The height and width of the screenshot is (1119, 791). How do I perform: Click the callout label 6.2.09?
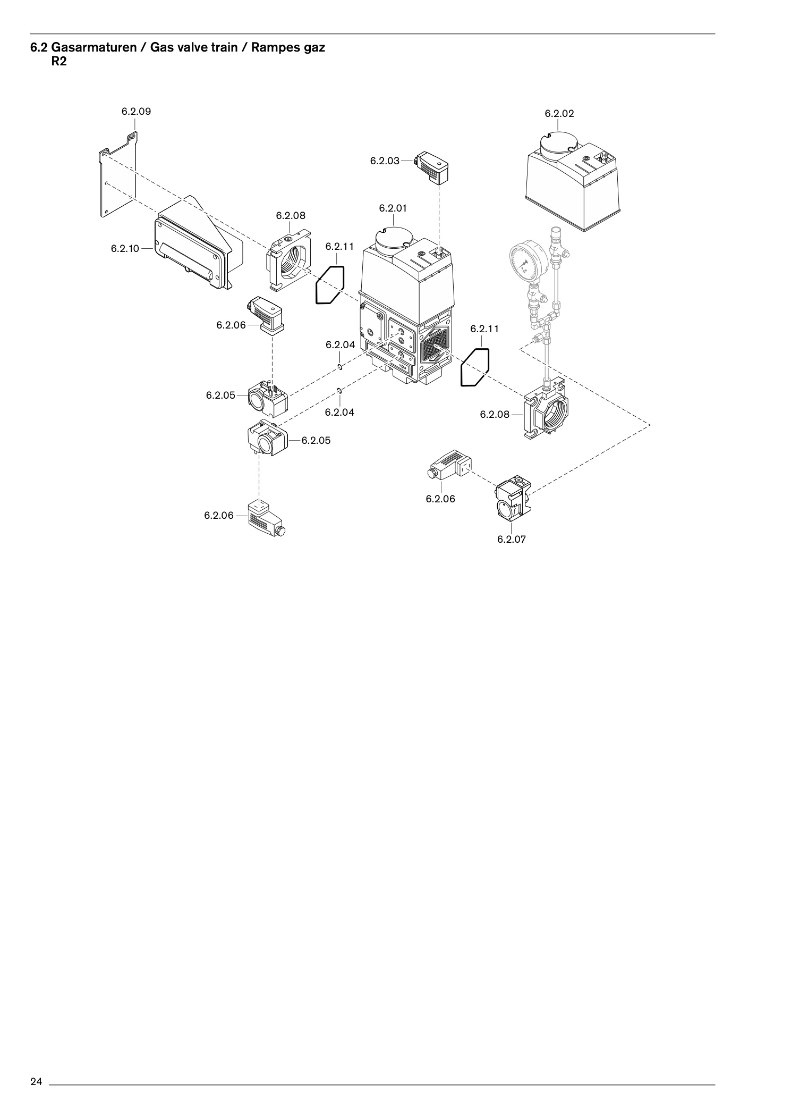pyautogui.click(x=136, y=112)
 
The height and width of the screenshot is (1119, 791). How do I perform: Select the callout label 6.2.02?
pyautogui.click(x=559, y=114)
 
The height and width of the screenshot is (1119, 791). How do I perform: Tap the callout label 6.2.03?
pyautogui.click(x=385, y=161)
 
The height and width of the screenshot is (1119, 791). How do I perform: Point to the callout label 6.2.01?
pyautogui.click(x=393, y=208)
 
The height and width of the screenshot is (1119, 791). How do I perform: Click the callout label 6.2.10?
pyautogui.click(x=125, y=248)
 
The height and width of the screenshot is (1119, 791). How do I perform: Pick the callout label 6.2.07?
pyautogui.click(x=512, y=539)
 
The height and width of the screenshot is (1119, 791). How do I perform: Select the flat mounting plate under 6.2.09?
pyautogui.click(x=117, y=175)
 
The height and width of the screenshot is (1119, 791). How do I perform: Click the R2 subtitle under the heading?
pyautogui.click(x=59, y=61)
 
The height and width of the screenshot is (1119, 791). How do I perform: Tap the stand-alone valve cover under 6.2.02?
pyautogui.click(x=573, y=181)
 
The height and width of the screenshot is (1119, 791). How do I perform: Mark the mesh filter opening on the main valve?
pyautogui.click(x=435, y=348)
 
